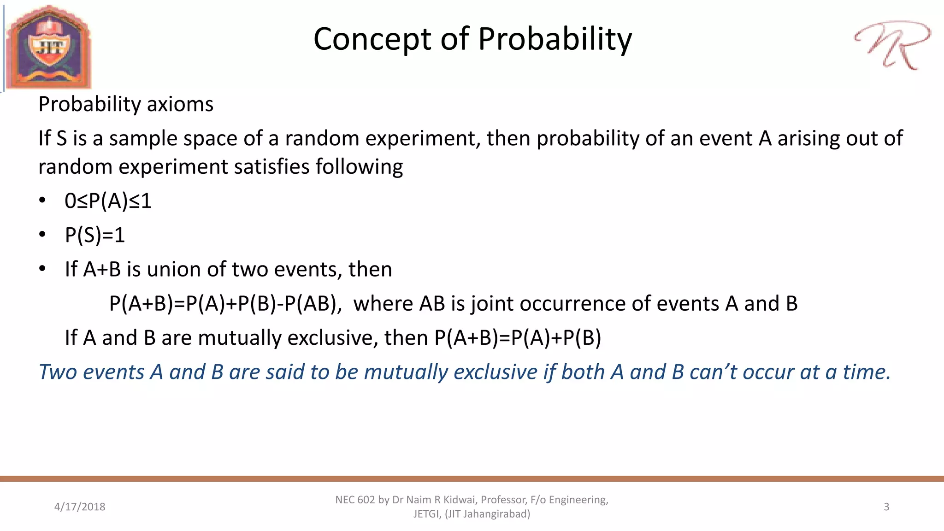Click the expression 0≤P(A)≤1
click(x=108, y=201)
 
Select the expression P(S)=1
click(x=95, y=235)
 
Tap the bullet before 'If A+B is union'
click(x=42, y=269)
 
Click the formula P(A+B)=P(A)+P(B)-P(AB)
click(x=225, y=304)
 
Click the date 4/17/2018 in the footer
click(x=80, y=507)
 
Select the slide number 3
click(x=886, y=507)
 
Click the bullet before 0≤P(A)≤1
click(x=42, y=201)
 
